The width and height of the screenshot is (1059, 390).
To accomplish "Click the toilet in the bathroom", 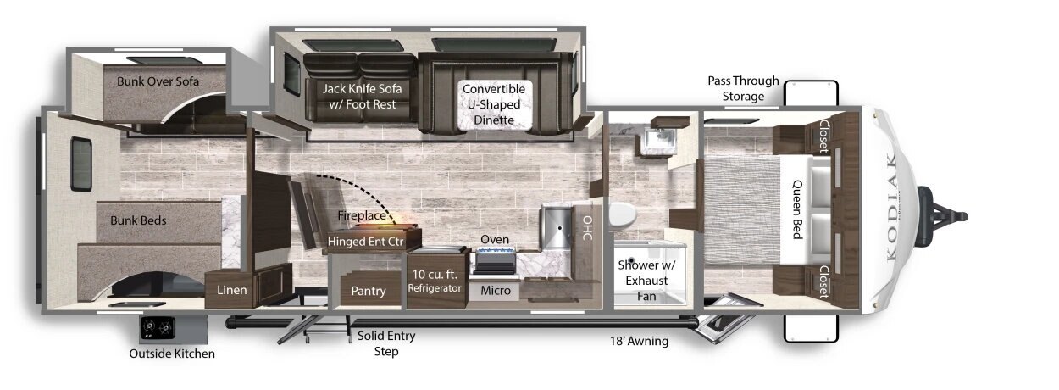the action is point(622,214).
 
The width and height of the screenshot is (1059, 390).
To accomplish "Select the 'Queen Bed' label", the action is point(797,209).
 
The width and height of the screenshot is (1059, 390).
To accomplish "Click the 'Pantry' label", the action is point(369,291).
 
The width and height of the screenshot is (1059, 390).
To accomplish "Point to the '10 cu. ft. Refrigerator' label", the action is point(435,281).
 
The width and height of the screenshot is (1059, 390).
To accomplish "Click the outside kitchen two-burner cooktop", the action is point(158,327).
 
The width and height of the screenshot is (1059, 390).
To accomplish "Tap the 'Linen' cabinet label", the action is point(231,290).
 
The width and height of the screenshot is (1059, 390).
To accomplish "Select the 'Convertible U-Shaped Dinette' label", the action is point(494,104).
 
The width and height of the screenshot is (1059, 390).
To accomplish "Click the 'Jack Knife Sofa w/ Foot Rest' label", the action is point(362,96).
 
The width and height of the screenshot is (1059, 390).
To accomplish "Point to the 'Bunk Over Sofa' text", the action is point(158,81).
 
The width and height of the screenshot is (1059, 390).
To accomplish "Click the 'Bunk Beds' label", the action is point(138,220).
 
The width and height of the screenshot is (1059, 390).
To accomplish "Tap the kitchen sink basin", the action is point(557,226).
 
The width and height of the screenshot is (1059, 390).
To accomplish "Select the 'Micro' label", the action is point(496,290).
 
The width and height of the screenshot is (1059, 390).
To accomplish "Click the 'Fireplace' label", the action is point(362,215).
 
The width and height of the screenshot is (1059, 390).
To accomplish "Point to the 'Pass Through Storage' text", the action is point(743,88).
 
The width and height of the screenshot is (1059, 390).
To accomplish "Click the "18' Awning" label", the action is point(639,341).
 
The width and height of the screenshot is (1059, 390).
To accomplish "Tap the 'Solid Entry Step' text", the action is point(386,343).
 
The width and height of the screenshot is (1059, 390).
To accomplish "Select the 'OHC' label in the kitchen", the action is point(587,228).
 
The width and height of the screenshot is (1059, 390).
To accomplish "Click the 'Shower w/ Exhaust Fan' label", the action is point(646,280).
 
